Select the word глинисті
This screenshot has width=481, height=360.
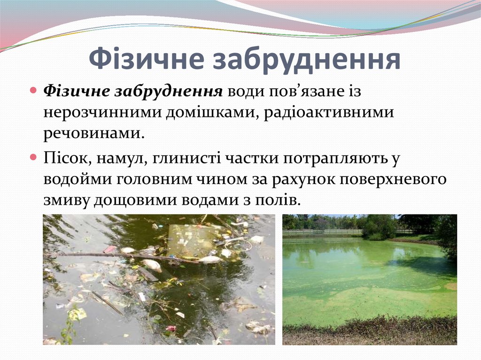(186, 158)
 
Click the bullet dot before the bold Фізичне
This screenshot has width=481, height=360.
(33, 90)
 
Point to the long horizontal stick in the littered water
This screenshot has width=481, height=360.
(117, 256)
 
